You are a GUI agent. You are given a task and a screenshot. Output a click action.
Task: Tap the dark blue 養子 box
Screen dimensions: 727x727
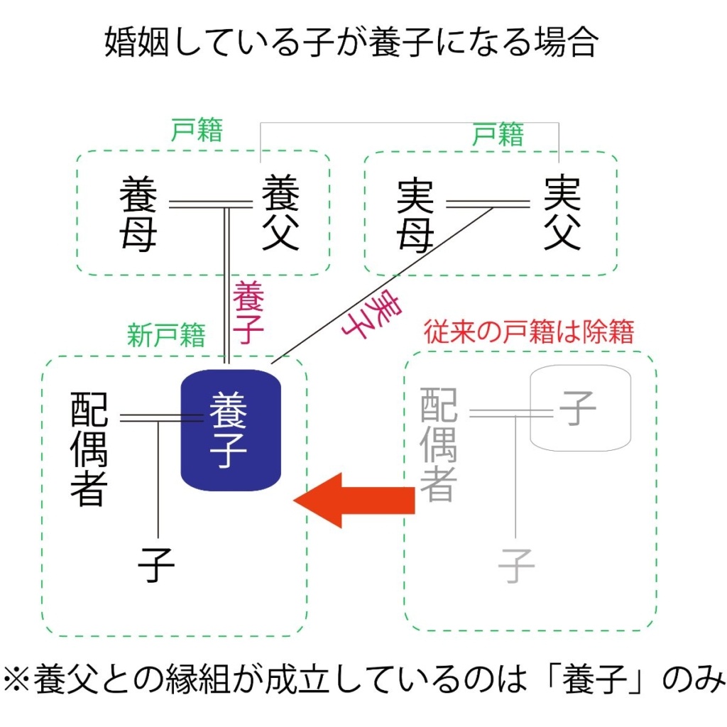point(231,429)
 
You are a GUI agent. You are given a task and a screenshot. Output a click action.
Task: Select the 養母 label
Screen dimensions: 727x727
point(138,215)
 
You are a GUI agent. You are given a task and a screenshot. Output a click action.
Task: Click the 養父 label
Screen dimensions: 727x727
point(280,215)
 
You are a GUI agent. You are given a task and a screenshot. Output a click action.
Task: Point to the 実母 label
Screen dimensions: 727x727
point(415,215)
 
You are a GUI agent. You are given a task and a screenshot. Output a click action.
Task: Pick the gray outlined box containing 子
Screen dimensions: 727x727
point(581,408)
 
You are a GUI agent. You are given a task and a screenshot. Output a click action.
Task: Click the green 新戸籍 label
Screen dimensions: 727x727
point(166,334)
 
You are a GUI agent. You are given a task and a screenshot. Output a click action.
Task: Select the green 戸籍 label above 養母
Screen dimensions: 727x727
point(197,131)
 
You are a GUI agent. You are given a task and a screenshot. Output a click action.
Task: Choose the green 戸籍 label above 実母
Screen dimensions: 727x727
point(498,133)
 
